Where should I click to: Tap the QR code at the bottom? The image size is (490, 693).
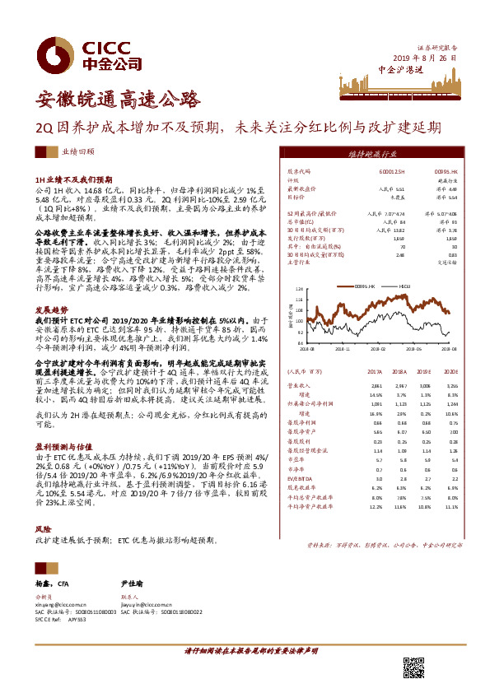(x=413, y=667)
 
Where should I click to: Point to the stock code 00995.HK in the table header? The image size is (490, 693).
(x=446, y=171)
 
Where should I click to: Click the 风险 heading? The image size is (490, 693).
(x=43, y=529)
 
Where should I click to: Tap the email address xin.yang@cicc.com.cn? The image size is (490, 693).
(x=63, y=604)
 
